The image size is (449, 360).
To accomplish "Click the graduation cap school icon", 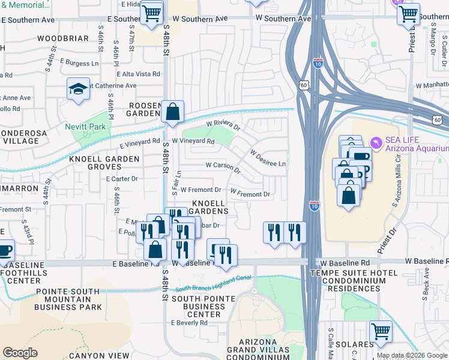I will coord(78,89).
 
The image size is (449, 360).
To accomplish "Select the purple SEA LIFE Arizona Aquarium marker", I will coord(376,142).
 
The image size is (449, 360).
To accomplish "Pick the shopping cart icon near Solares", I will coord(380,331).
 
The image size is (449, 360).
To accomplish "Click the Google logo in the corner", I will coord(20,353).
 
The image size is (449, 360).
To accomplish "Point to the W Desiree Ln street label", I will coord(268,158).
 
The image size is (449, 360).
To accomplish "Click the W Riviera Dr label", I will coord(223,127).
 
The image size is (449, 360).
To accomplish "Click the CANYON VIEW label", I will coord(100,355).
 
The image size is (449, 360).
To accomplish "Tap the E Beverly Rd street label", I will coord(189,322).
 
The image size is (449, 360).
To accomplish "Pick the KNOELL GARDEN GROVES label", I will coord(104,163).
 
